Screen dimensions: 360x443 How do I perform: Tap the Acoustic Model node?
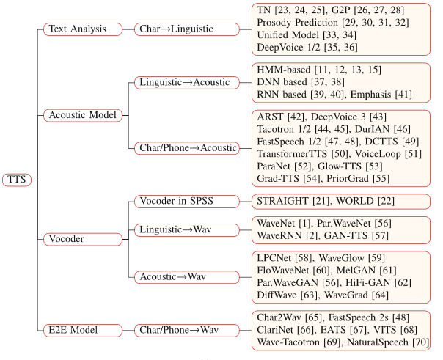[83, 115]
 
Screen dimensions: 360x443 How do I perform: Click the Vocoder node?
[68, 238]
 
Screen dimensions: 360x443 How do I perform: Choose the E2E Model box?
[74, 329]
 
